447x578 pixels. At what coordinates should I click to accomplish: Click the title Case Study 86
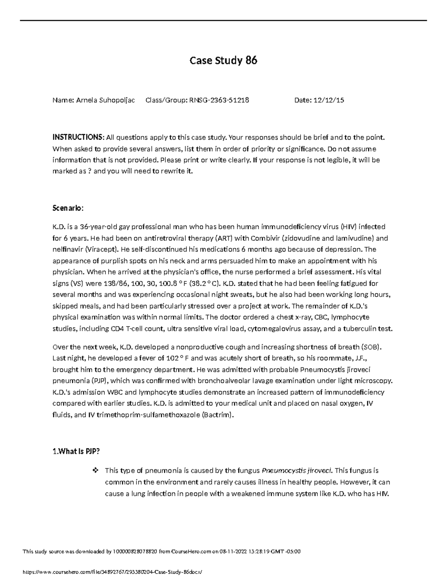click(x=223, y=60)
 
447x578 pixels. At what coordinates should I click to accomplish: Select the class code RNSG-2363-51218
click(x=219, y=100)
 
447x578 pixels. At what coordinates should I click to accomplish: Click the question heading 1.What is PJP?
click(x=76, y=451)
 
